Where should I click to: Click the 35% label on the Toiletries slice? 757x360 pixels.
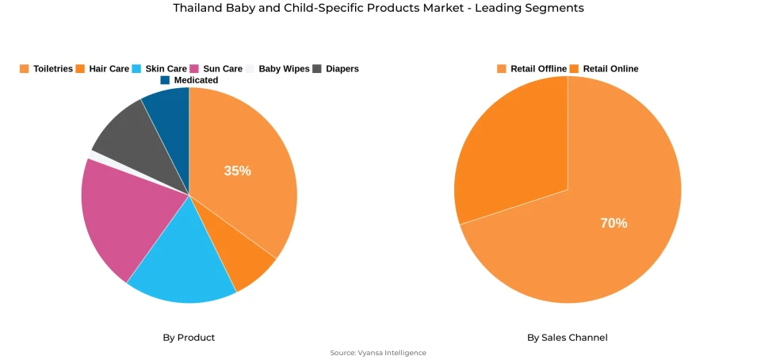tap(237, 170)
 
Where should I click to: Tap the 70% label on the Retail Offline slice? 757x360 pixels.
tap(613, 223)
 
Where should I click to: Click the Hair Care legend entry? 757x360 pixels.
tap(102, 69)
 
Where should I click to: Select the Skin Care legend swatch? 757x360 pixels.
tap(137, 69)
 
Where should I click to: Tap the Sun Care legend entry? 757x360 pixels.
tap(216, 69)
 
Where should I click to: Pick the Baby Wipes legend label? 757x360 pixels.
tap(284, 69)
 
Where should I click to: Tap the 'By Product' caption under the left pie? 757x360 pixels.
tap(189, 337)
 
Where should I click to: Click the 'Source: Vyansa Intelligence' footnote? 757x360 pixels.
tap(378, 353)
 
